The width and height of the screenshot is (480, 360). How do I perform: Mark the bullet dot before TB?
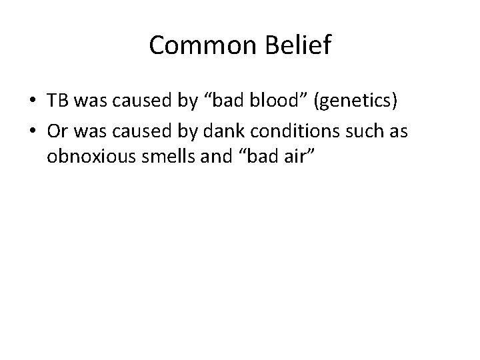pyautogui.click(x=32, y=101)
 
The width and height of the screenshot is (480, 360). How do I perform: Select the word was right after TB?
pyautogui.click(x=88, y=101)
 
